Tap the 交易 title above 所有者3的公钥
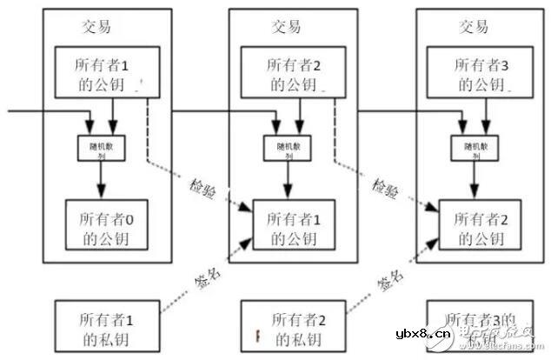click(473, 25)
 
